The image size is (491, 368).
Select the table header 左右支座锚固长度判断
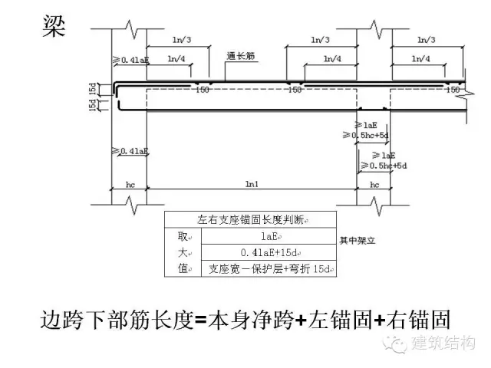250,220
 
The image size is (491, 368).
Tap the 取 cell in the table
182,237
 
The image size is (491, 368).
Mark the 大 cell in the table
182,253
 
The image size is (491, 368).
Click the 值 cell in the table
182,269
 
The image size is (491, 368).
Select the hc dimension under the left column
130,184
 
